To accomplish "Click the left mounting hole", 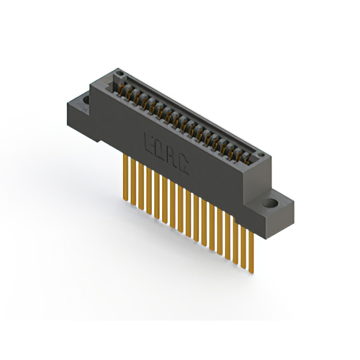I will click(86, 101).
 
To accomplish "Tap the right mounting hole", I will click(273, 202).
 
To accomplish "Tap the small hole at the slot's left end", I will click(118, 74).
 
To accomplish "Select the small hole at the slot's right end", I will click(259, 154).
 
